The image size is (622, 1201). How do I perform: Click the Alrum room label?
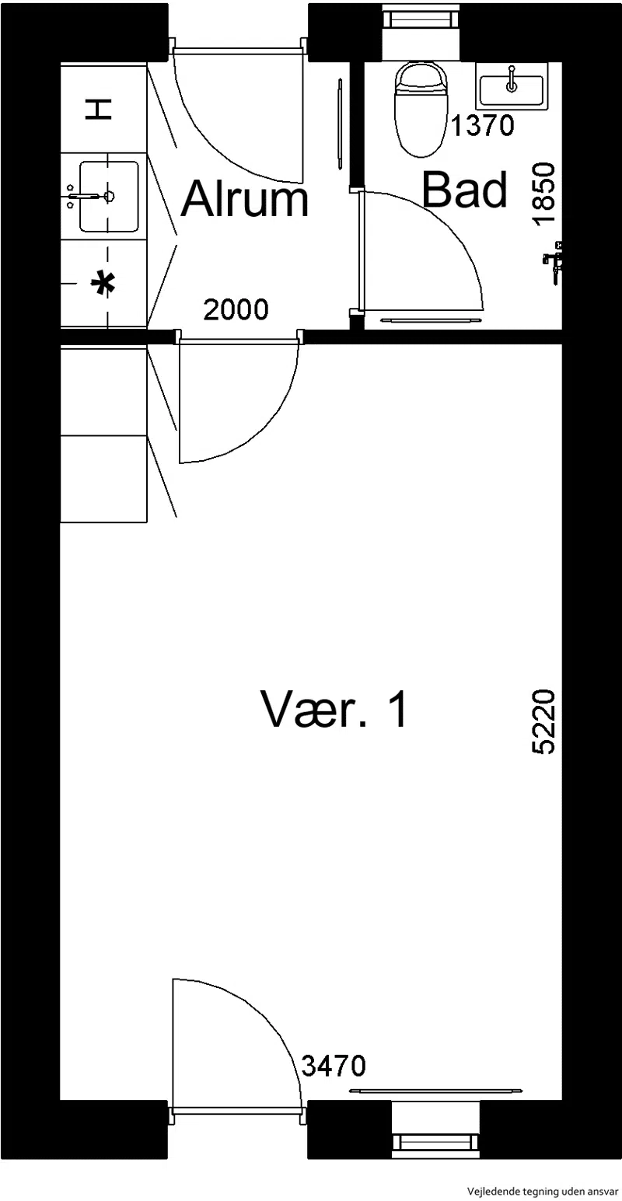click(244, 199)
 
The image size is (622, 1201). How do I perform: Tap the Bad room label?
click(464, 189)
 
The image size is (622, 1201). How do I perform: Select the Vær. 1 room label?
click(334, 709)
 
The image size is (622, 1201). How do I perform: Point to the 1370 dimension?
click(483, 125)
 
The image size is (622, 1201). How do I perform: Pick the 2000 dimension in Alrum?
click(236, 309)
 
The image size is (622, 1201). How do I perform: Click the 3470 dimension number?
click(334, 1065)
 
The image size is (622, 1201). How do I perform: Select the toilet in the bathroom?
click(421, 110)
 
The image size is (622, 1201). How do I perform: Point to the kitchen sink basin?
click(109, 196)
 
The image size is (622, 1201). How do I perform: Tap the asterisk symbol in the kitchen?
click(102, 284)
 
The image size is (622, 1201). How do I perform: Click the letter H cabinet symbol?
click(99, 110)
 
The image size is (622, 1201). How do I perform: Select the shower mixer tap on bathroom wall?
click(554, 262)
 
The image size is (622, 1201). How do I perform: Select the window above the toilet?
click(421, 31)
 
